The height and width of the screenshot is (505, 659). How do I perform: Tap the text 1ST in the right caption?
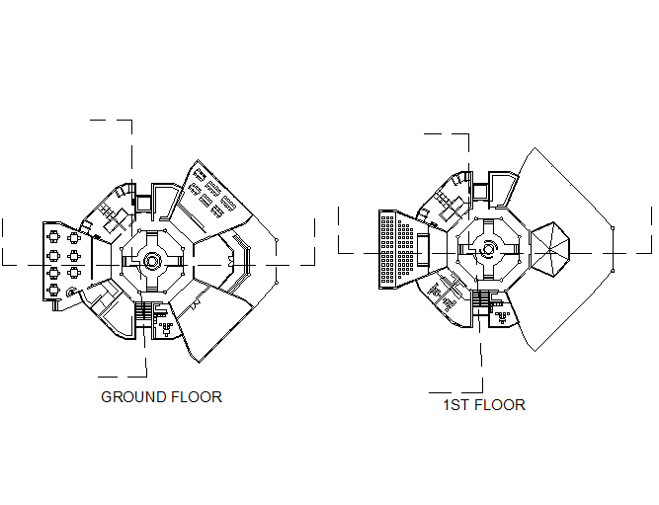[x=455, y=405]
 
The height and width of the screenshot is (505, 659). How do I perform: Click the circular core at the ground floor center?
[x=151, y=261]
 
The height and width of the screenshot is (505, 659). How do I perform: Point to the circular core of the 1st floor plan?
[x=487, y=249]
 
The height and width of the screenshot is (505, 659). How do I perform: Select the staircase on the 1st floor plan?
[x=480, y=298]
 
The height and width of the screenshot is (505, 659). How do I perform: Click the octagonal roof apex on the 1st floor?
[x=550, y=251]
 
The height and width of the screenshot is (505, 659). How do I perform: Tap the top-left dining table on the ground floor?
[x=53, y=237]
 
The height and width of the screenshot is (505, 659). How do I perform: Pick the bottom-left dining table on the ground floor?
[x=53, y=291]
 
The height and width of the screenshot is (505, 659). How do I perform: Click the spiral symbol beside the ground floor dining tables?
[x=72, y=293]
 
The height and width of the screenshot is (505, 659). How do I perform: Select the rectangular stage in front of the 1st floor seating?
[x=424, y=250]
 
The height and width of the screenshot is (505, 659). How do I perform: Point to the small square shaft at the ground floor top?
[x=143, y=204]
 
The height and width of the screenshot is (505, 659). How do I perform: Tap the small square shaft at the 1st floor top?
[x=480, y=192]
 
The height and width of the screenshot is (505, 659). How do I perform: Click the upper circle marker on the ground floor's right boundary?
[x=277, y=240]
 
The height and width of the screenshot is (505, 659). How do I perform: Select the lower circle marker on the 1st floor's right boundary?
[x=613, y=271]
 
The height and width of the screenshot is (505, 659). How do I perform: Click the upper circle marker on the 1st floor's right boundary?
[x=613, y=228]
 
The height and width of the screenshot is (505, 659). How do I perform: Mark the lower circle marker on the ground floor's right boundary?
[x=277, y=283]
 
